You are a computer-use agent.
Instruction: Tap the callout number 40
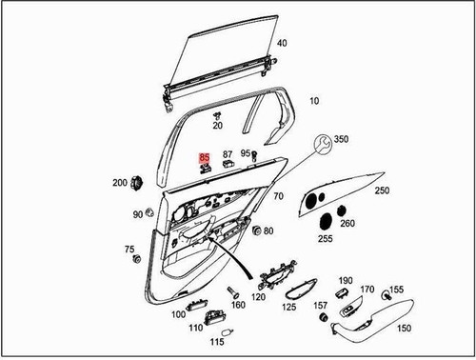(x=281, y=43)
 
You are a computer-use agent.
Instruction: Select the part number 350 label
(x=341, y=139)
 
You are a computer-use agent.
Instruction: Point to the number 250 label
(x=382, y=190)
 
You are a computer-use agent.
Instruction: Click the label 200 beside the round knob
(x=120, y=182)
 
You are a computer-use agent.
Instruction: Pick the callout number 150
(x=404, y=328)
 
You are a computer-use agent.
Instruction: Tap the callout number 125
(x=288, y=308)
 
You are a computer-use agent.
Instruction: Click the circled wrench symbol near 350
(x=323, y=143)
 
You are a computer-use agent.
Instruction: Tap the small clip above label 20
(x=217, y=113)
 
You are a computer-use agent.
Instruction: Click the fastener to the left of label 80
(x=253, y=229)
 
